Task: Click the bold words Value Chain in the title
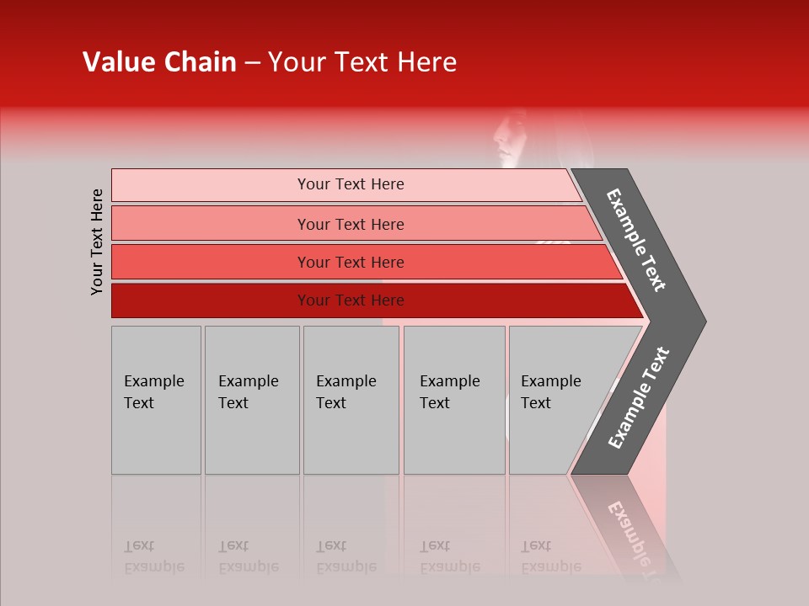click(x=159, y=62)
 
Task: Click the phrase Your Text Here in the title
click(x=362, y=62)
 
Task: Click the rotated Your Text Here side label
click(x=97, y=242)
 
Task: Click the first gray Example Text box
click(x=156, y=400)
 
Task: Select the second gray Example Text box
click(x=252, y=400)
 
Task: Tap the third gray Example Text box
click(x=351, y=400)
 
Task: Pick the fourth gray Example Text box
click(x=454, y=400)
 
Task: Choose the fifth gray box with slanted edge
click(x=556, y=400)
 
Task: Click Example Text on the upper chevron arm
click(x=636, y=240)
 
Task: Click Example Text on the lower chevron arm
click(x=638, y=398)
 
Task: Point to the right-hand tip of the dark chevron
click(x=704, y=321)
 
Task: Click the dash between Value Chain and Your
click(x=252, y=62)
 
